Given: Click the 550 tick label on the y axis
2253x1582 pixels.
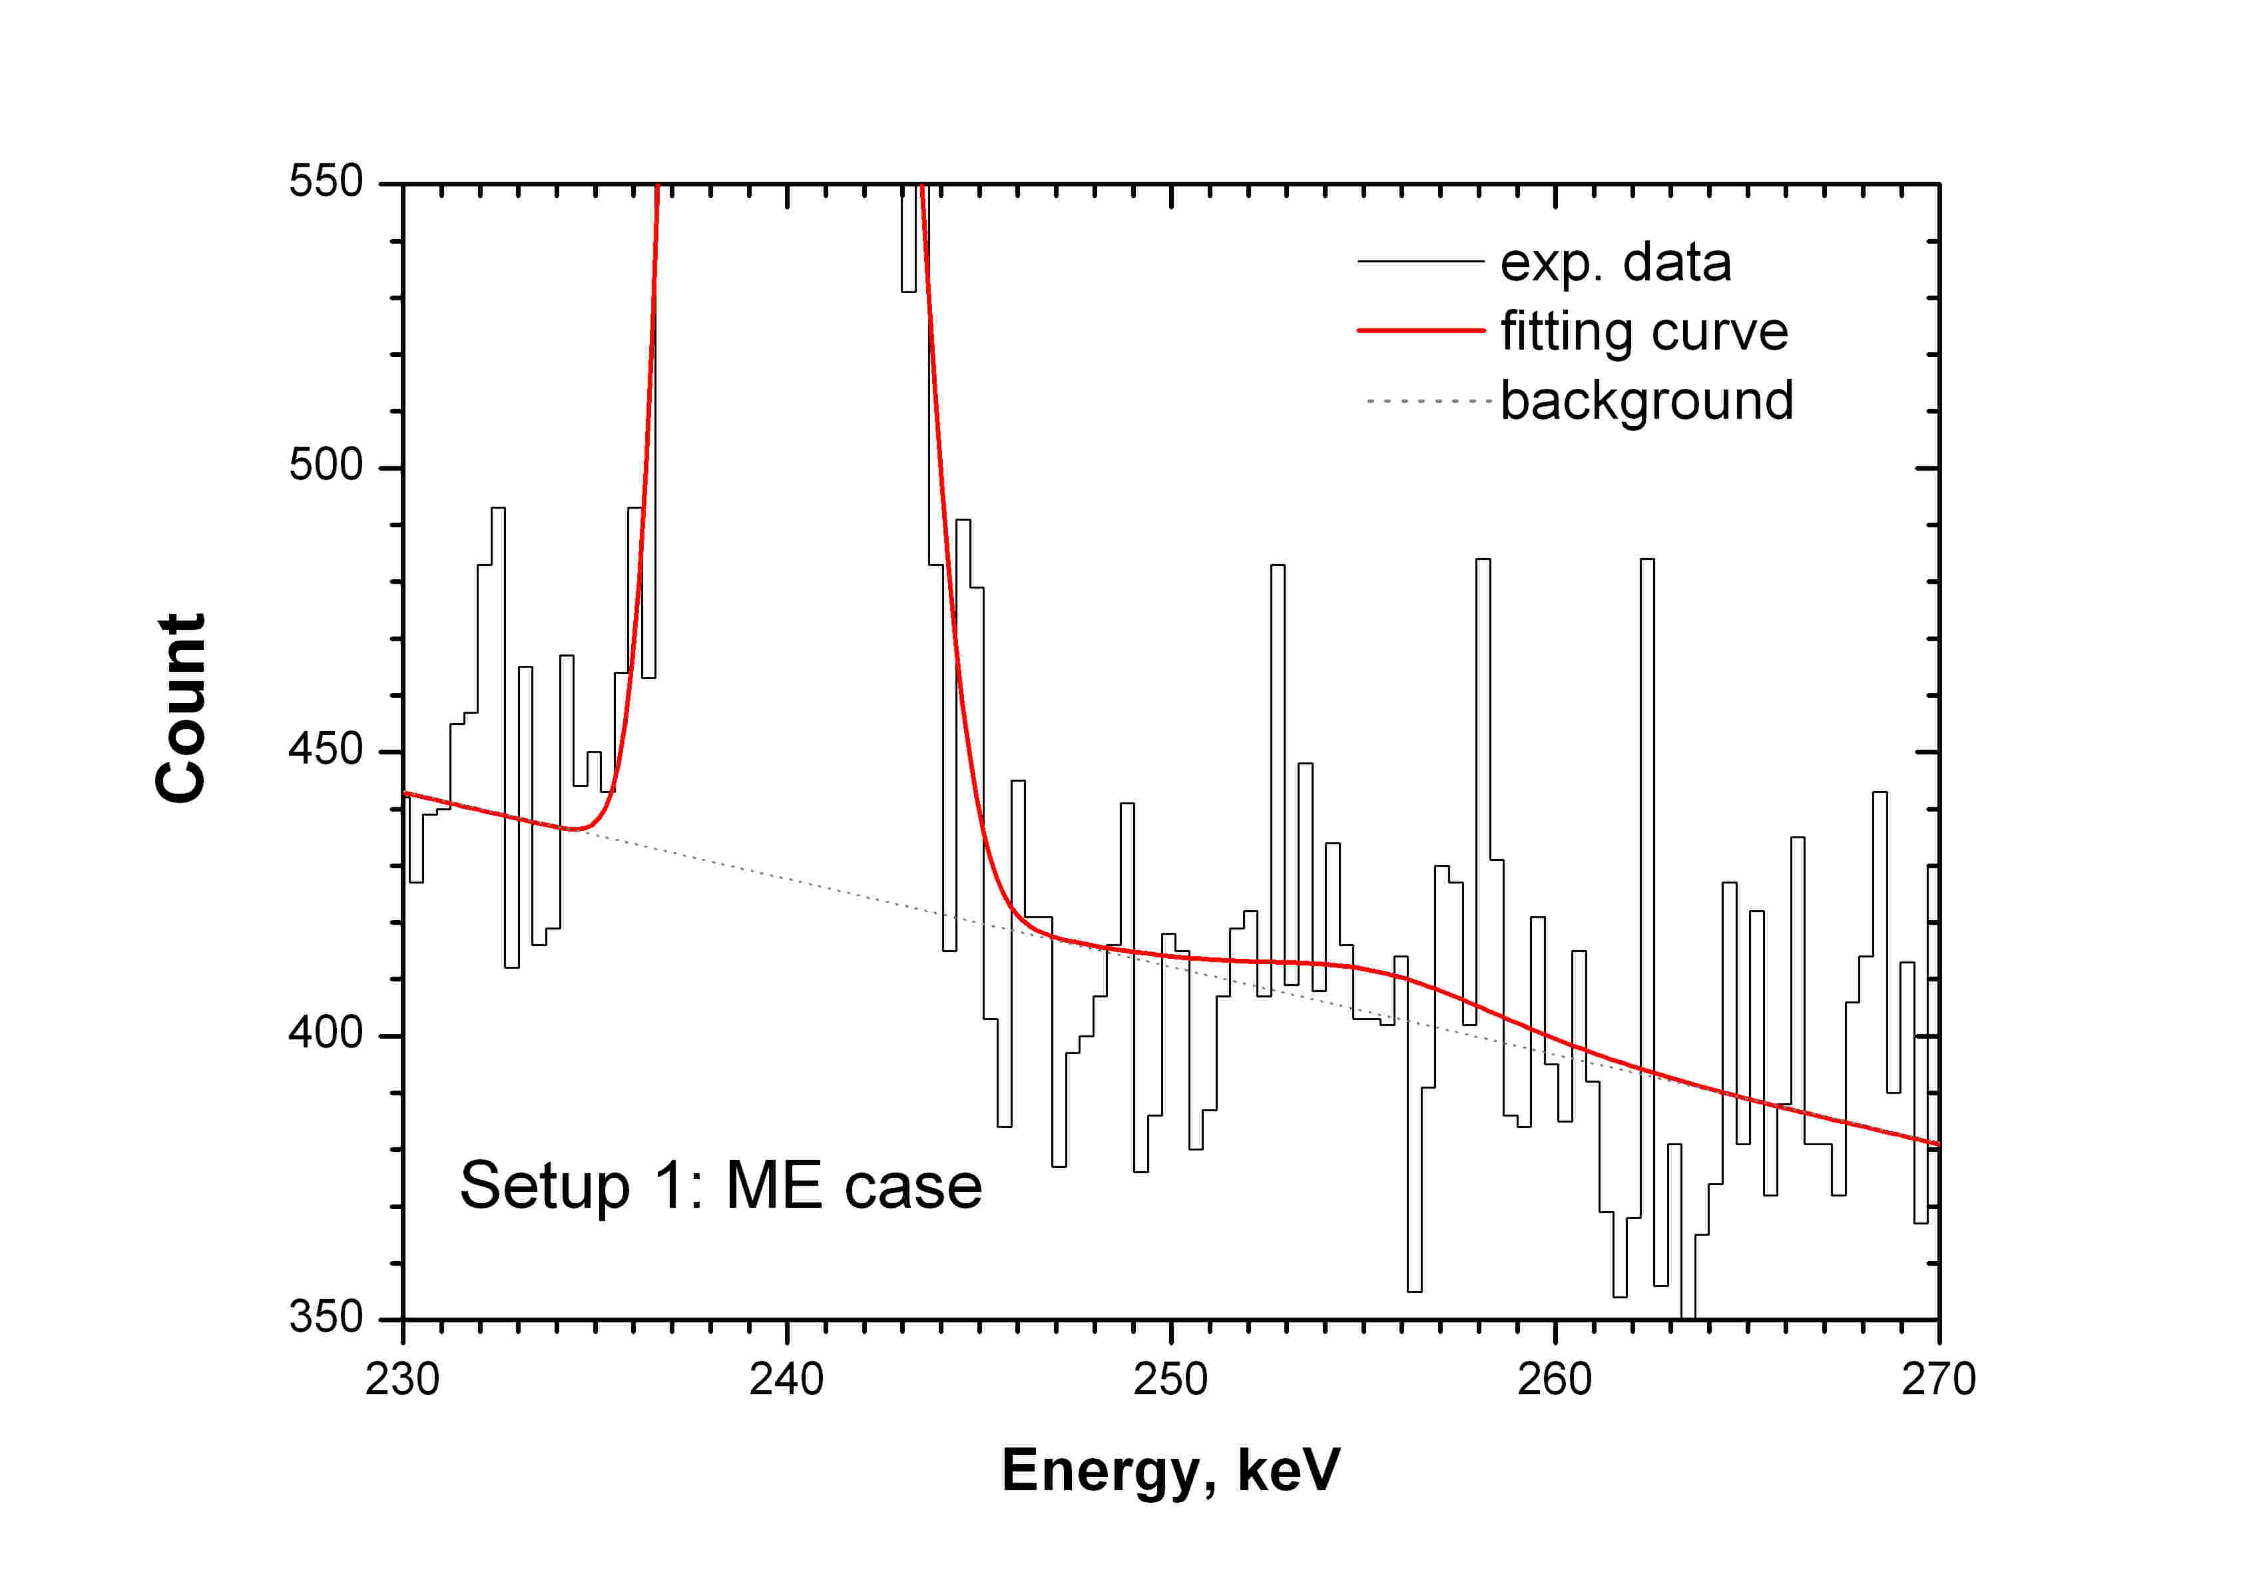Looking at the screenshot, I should pos(326,182).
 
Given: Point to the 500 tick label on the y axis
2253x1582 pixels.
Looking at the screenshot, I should pos(326,465).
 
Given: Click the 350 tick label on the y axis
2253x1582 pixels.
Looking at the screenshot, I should pos(326,1317).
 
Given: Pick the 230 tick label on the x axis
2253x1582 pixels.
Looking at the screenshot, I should pos(402,1380).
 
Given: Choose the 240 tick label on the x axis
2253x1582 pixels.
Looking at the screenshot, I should pos(786,1380).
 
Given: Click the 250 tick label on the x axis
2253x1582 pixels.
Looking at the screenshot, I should pos(1170,1380).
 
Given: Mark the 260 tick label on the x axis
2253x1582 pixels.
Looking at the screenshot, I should pos(1555,1380).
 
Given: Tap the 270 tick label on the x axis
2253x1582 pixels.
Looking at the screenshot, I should pos(1938,1380).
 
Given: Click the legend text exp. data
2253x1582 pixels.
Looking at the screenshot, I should pos(1615,263).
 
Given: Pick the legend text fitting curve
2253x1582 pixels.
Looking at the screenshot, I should pos(1644,332).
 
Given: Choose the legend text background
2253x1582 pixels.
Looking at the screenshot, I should pos(1646,400).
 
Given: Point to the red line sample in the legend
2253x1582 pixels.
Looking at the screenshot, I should pos(1420,331).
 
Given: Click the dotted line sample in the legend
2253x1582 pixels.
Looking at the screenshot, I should pos(1427,400).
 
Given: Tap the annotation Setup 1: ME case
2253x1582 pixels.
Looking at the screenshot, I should pos(720,1186).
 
